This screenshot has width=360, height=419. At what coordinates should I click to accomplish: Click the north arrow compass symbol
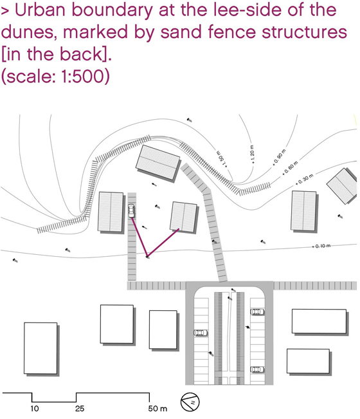coord(190,402)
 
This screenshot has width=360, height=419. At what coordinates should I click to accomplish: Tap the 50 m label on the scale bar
coord(157,409)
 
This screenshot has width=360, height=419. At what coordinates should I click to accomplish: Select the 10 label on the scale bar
coord(35,409)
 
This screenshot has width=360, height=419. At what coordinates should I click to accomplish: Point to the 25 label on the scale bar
coord(80,409)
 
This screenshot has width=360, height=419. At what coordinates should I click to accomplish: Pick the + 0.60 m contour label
coord(291,168)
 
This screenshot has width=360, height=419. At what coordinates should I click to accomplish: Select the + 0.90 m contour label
coord(280,157)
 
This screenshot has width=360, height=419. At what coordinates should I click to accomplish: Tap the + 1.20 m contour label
coord(253,154)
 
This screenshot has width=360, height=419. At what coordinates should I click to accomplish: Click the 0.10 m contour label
coord(321,246)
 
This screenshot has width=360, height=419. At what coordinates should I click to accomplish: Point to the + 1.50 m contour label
coord(222,160)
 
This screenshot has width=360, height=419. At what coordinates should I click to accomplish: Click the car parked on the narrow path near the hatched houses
coord(131,211)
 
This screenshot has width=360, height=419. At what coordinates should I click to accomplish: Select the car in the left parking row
coord(201,333)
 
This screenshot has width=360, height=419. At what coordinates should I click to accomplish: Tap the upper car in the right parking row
coord(257,312)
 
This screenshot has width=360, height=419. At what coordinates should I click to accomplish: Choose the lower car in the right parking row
coord(257,369)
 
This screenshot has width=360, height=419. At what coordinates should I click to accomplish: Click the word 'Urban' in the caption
coord(39,10)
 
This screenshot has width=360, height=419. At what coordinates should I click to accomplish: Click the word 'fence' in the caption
coord(231,32)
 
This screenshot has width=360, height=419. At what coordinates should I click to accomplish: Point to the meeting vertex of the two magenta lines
coord(147,256)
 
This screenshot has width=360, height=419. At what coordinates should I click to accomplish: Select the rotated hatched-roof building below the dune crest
coord(158,163)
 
